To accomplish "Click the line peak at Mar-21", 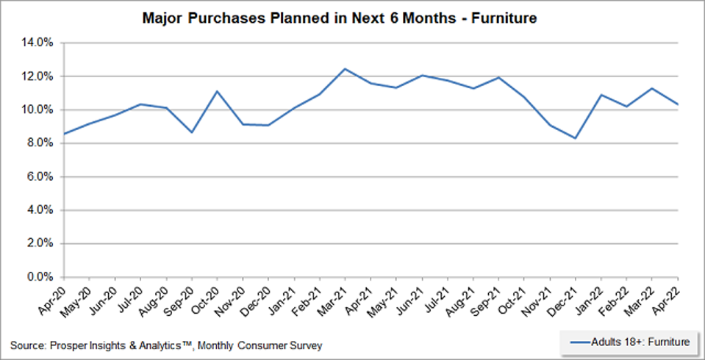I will pyautogui.click(x=345, y=68).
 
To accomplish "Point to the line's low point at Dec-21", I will pyautogui.click(x=575, y=138).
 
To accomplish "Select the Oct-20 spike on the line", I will pyautogui.click(x=217, y=91).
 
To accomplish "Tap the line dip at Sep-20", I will pyautogui.click(x=191, y=132).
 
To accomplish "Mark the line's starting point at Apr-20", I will pyautogui.click(x=64, y=134).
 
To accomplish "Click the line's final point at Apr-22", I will pyautogui.click(x=677, y=104).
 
